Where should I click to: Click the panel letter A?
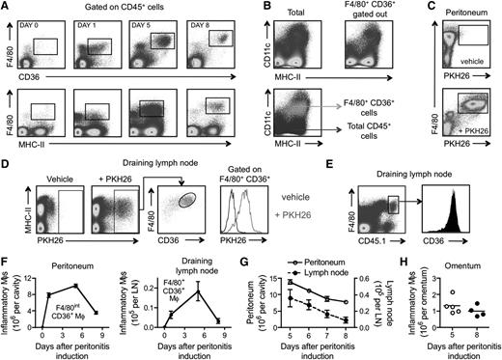click(x=6, y=6)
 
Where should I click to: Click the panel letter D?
click(x=6, y=153)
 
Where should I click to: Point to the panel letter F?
click(x=6, y=251)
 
